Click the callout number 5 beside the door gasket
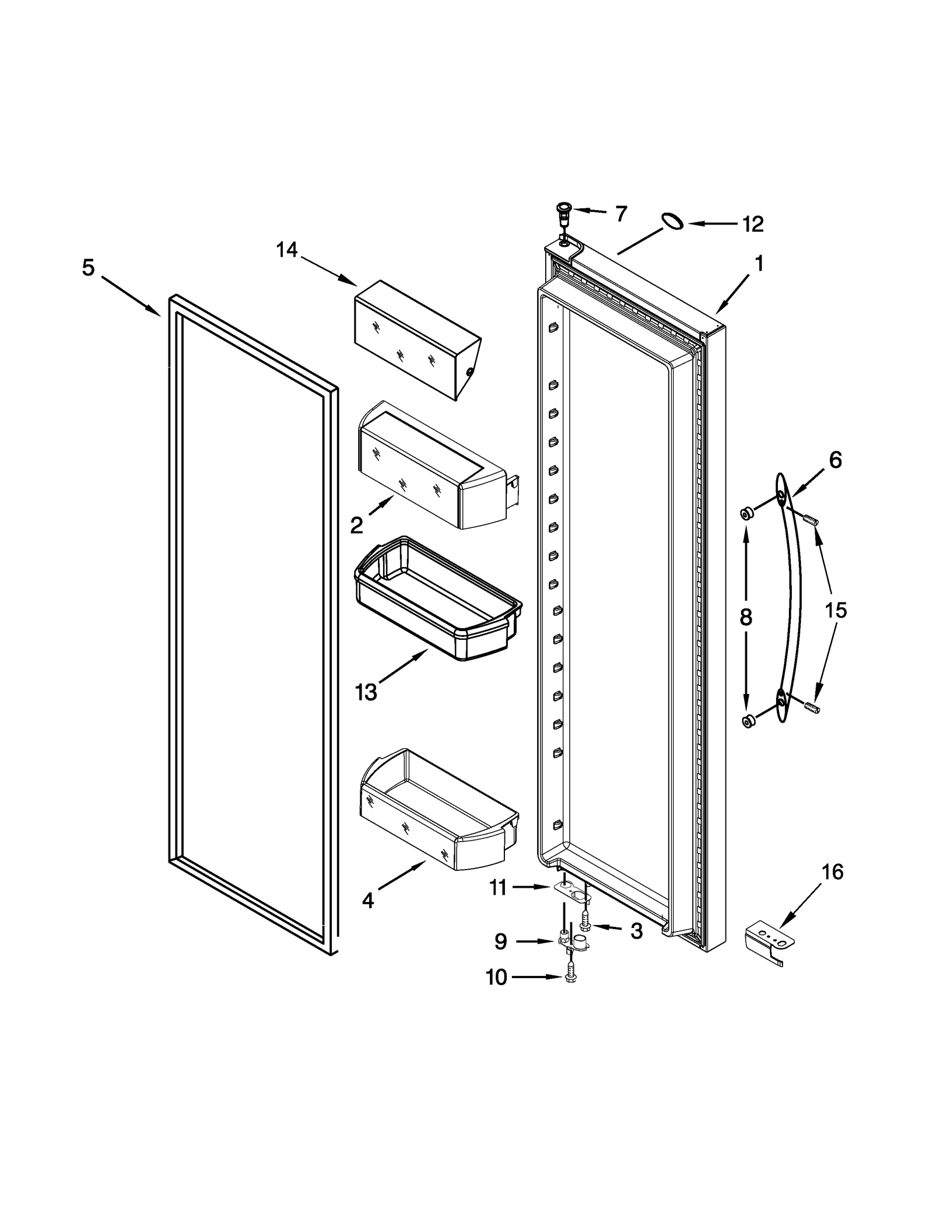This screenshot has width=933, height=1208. tap(88, 268)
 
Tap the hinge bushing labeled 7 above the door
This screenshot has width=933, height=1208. tap(564, 212)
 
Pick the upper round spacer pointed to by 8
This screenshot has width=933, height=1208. tap(745, 513)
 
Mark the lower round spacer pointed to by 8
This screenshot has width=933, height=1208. tap(747, 722)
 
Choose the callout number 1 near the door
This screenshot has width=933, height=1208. tap(759, 264)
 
